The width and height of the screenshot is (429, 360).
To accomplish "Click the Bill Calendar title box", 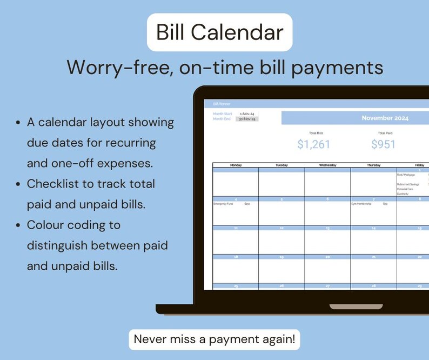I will (x=219, y=32).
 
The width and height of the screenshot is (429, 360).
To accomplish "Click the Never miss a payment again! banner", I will (x=215, y=339).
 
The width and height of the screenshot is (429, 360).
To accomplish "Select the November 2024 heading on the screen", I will (x=385, y=118).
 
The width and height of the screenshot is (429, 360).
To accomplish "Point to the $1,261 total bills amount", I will (x=313, y=144).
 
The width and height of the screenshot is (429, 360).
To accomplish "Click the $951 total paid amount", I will (x=383, y=144).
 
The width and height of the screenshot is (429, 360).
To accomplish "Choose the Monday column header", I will (x=236, y=165).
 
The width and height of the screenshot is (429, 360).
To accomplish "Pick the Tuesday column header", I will (x=281, y=165).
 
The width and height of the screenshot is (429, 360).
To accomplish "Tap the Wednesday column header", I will (x=327, y=165).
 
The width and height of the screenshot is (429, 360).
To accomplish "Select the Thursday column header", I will (x=373, y=165).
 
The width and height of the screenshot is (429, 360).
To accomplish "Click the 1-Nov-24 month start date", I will (x=247, y=114).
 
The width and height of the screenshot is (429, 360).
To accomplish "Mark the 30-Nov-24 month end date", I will (x=247, y=119).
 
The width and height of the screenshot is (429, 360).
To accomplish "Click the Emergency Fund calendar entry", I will (x=223, y=204).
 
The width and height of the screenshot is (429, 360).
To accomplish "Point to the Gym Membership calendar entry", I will (x=361, y=204).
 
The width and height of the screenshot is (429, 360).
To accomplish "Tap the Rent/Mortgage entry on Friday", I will (x=406, y=175).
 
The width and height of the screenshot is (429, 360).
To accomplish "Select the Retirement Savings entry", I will (x=408, y=184).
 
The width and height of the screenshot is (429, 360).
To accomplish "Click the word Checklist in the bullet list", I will (x=50, y=184).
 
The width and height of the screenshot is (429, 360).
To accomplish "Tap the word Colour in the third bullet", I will (x=46, y=224).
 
